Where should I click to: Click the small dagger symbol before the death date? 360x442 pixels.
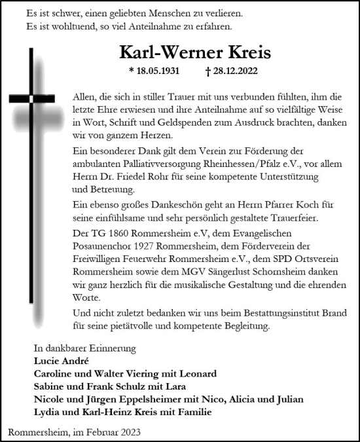tap(208, 71)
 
